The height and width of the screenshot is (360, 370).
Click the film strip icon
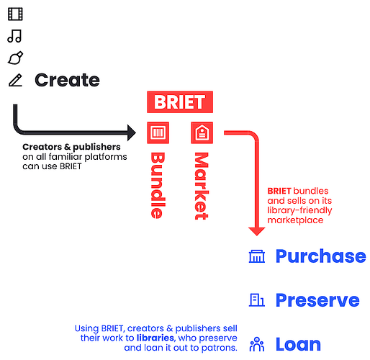tap(15, 14)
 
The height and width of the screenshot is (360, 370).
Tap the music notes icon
tap(15, 36)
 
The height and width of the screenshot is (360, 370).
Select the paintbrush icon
tap(15, 58)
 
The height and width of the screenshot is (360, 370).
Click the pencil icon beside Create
tap(15, 80)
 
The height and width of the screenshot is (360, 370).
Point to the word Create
tap(67, 80)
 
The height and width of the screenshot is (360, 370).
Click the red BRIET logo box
tap(180, 102)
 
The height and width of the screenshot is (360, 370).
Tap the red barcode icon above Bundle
tap(158, 132)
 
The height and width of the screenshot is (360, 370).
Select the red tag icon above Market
tap(202, 132)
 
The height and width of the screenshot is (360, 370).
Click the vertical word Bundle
tap(158, 186)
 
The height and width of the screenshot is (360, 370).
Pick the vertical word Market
tap(202, 186)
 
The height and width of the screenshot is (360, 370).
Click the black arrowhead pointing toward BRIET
tap(132, 132)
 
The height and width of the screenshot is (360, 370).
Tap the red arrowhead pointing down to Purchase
tap(257, 232)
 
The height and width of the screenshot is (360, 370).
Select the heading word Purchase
tap(321, 256)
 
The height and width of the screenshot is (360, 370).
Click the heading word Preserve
tap(317, 300)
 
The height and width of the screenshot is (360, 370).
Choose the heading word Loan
tap(298, 344)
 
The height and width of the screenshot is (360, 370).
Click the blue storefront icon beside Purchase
tap(257, 256)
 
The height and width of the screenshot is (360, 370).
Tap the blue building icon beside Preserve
tap(257, 300)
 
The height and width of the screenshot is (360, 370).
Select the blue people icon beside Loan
tap(257, 344)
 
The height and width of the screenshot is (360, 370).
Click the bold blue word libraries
tap(155, 338)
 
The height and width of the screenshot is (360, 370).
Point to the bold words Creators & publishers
tap(71, 147)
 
